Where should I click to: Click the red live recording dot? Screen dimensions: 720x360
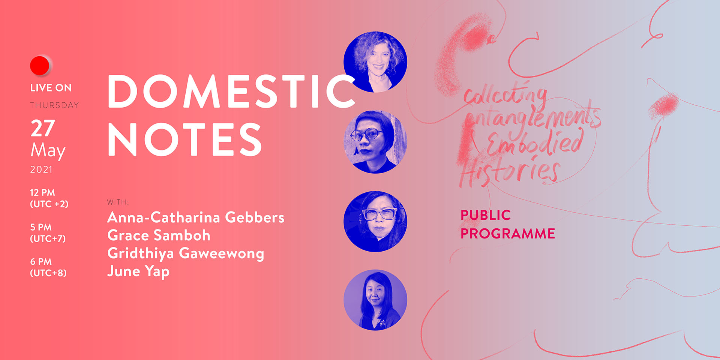(40, 66)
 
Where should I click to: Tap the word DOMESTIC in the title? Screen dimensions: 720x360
(231, 91)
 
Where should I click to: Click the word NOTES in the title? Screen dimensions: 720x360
(184, 139)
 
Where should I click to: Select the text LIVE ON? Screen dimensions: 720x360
(51, 88)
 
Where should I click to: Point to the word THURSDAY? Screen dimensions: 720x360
(54, 105)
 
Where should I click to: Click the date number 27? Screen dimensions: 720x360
(43, 128)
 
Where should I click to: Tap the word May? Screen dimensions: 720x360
(48, 151)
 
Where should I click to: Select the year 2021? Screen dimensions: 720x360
(41, 169)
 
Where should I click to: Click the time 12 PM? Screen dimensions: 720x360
(42, 192)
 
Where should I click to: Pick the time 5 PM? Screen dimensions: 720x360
(41, 227)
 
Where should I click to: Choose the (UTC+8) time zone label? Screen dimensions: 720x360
(48, 273)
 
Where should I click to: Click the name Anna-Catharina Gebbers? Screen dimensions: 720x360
(196, 217)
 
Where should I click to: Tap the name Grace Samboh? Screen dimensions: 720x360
(159, 235)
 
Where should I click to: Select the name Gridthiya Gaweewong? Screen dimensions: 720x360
(186, 253)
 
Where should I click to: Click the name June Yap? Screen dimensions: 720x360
(138, 271)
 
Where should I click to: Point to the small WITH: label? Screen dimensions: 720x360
(118, 202)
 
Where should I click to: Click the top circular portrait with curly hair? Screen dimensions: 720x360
(375, 62)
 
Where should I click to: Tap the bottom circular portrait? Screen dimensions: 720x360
(375, 300)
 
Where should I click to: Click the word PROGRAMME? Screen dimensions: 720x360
(508, 234)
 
